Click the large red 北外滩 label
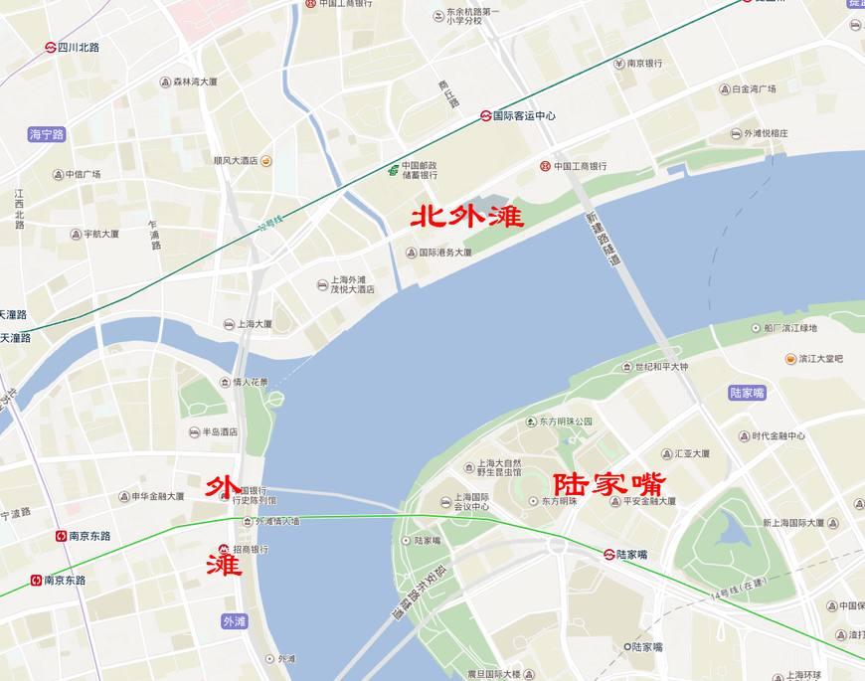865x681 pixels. click(x=466, y=216)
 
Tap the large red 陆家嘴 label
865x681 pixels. click(x=609, y=484)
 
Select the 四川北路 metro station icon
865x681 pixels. click(x=50, y=47)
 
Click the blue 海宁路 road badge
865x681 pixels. click(x=47, y=134)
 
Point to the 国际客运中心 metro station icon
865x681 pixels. click(x=485, y=115)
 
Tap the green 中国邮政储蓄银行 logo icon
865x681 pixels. click(x=394, y=169)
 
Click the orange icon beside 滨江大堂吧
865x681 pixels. click(x=789, y=358)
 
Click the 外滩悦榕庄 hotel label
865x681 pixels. click(x=759, y=133)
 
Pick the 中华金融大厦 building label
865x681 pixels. click(x=151, y=495)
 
